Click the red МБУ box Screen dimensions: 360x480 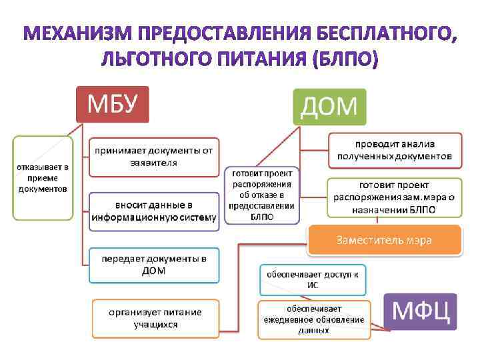point(112,105)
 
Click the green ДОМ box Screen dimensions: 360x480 point(330,107)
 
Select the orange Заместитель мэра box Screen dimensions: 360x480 point(384,240)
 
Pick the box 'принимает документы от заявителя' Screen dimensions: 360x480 point(154,157)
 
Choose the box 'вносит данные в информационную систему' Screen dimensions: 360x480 point(154,211)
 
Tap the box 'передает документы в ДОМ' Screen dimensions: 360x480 point(154,264)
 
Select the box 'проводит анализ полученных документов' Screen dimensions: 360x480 point(395,150)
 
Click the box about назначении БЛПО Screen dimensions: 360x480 point(395,197)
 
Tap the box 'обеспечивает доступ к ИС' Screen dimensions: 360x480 point(313,279)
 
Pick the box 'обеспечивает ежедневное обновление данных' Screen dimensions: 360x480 point(313,319)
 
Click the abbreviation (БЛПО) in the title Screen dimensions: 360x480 point(345,61)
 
